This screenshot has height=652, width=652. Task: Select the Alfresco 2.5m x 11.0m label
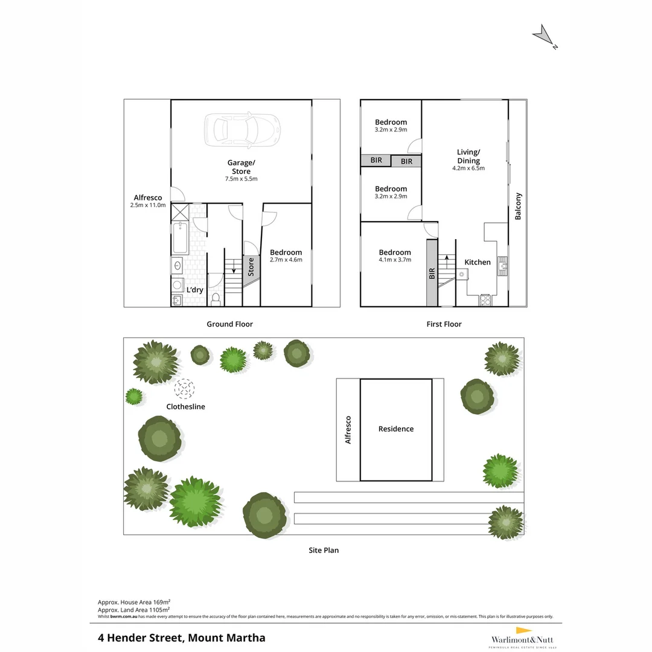pos(148,201)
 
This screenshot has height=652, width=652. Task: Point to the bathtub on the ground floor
pos(179,238)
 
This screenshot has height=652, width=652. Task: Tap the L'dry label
pos(194,290)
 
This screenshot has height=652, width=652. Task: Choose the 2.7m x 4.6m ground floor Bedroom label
pos(286,256)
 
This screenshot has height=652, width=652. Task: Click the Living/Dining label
pos(468,159)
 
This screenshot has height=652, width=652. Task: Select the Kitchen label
pos(478,262)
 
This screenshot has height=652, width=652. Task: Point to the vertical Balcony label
pos(518,206)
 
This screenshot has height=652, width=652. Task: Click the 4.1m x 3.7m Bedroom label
pos(395,256)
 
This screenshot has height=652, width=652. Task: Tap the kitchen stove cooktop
pos(485,299)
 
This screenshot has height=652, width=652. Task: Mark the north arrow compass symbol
pos(544,36)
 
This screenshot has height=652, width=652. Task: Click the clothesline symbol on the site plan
pos(185,388)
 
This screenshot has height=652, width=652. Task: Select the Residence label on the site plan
pos(396,429)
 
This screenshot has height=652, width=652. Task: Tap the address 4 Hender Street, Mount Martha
pos(182,638)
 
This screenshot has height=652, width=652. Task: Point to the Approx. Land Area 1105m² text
pos(133,610)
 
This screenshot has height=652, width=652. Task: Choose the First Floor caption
pos(444,324)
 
